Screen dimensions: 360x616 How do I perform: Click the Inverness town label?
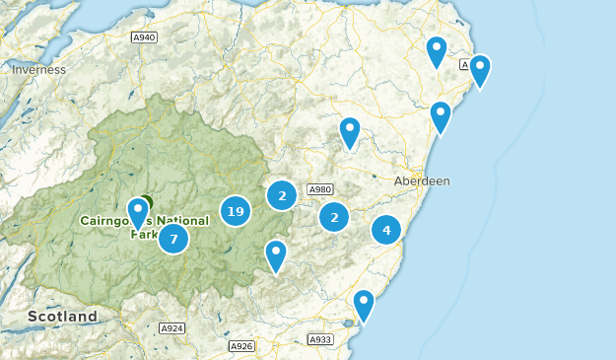[x=38, y=70]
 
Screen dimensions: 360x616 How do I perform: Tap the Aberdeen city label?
[x=421, y=181]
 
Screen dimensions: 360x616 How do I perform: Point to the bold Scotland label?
[x=62, y=317]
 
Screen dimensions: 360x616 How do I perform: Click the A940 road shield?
[x=144, y=37]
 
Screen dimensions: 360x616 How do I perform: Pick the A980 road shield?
[x=319, y=189]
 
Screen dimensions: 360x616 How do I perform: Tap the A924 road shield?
[x=171, y=327]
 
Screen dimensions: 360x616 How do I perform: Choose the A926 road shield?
[x=241, y=346]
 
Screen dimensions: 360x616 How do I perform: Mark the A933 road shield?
[x=319, y=339]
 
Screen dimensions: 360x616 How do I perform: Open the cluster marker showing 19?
[x=235, y=210]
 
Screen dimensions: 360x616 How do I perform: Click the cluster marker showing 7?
[x=173, y=238]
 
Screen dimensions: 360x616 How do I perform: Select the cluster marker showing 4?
[x=386, y=230]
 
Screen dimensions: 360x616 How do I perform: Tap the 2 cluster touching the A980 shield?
[x=282, y=195]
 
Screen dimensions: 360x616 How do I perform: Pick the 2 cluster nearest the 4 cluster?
[x=334, y=216]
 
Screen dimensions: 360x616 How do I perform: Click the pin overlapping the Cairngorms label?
[x=138, y=213]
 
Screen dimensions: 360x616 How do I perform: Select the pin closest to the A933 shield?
[x=364, y=304]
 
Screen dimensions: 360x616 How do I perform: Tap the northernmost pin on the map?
[x=436, y=49]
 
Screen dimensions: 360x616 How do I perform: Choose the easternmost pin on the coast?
[x=479, y=69]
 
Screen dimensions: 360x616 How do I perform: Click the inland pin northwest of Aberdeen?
[x=350, y=131]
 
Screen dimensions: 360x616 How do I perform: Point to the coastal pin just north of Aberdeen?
[x=441, y=115]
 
